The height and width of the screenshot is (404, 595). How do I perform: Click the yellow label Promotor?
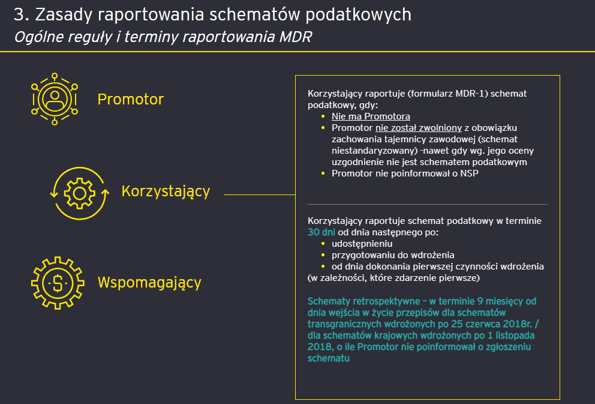tap(130, 100)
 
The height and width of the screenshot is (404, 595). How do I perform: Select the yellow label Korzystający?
tap(166, 191)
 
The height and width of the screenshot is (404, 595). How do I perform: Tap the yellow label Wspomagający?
tap(149, 282)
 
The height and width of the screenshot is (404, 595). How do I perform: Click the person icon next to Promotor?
tap(55, 99)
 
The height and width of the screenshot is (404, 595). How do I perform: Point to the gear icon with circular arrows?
tap(79, 193)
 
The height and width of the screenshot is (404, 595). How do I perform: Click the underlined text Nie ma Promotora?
tap(371, 116)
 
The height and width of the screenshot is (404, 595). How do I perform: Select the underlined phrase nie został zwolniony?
tap(418, 128)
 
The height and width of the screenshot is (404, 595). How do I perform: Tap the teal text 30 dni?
tap(321, 232)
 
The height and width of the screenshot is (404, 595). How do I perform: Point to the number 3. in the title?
tap(22, 14)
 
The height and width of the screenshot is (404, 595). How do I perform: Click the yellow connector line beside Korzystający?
tap(259, 194)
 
